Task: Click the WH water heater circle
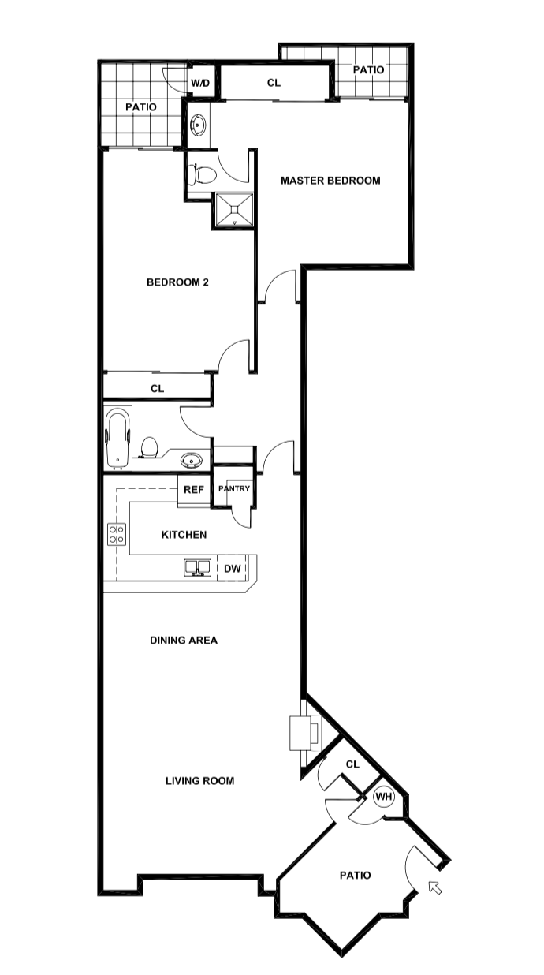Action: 384,798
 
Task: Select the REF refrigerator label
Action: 194,490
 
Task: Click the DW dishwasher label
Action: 233,568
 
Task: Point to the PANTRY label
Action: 234,489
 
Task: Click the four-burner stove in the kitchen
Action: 117,535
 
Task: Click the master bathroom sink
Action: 198,125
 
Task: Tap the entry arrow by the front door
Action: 434,887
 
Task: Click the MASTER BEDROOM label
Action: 330,181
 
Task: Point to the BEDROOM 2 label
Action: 177,282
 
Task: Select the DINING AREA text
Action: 184,641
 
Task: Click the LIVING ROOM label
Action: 199,781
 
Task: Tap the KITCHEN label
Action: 184,535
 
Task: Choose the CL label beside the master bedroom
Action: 274,82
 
